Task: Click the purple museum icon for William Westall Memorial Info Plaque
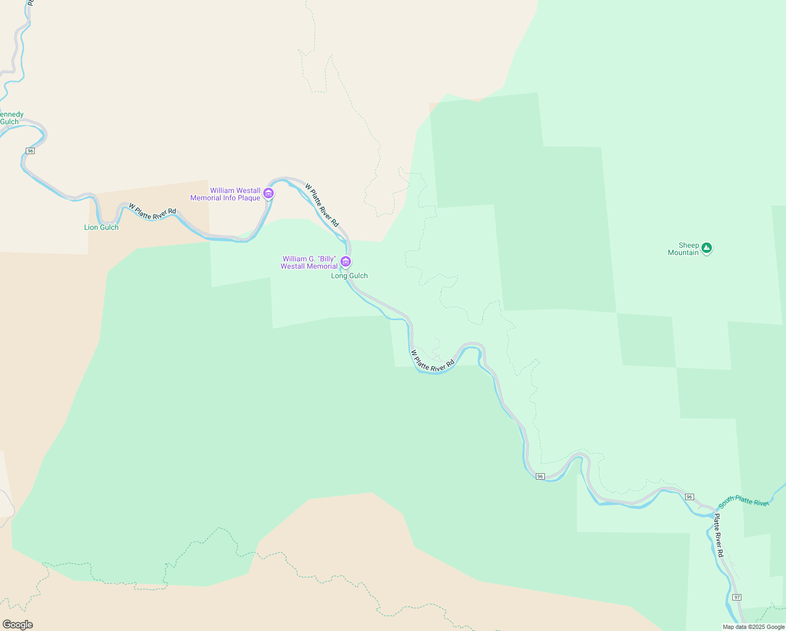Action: tap(268, 193)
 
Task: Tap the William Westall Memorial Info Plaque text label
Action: tap(225, 194)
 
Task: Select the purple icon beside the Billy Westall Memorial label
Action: tap(345, 261)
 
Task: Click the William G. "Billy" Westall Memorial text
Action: tap(309, 262)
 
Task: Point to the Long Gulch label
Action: tap(349, 276)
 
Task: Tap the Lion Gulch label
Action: tap(101, 227)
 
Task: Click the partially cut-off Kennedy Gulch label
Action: tap(11, 118)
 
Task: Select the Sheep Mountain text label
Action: tap(683, 249)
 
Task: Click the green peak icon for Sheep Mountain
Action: tap(707, 247)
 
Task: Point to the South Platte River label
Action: tap(743, 502)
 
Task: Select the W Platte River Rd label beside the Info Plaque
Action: tap(322, 205)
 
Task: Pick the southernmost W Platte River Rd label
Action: tap(432, 361)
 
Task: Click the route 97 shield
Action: tap(737, 597)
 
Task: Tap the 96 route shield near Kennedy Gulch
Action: tap(30, 151)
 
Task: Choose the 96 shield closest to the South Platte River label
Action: tap(689, 497)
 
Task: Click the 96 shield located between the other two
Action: tap(540, 476)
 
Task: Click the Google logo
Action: tap(17, 625)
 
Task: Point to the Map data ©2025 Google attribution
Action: tap(753, 627)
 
